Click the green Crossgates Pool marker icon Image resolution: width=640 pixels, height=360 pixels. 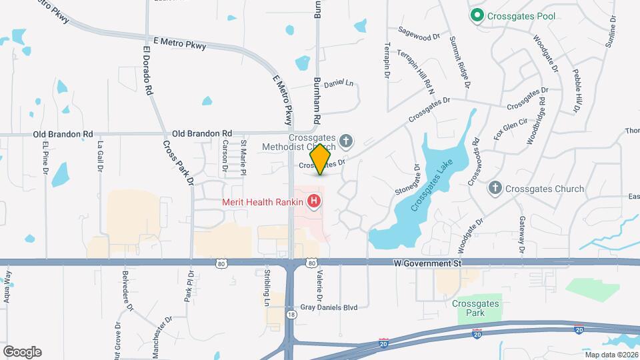coord(477,15)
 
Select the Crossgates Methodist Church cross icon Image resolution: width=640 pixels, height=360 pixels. coord(345,141)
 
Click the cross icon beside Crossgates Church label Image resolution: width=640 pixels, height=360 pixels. coord(495,189)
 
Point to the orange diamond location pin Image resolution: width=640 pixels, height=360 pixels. coord(321,159)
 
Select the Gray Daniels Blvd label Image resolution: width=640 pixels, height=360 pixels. coord(329,307)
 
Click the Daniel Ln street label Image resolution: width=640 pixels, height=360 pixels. coord(339,84)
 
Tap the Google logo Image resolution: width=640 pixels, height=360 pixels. coord(22,351)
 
